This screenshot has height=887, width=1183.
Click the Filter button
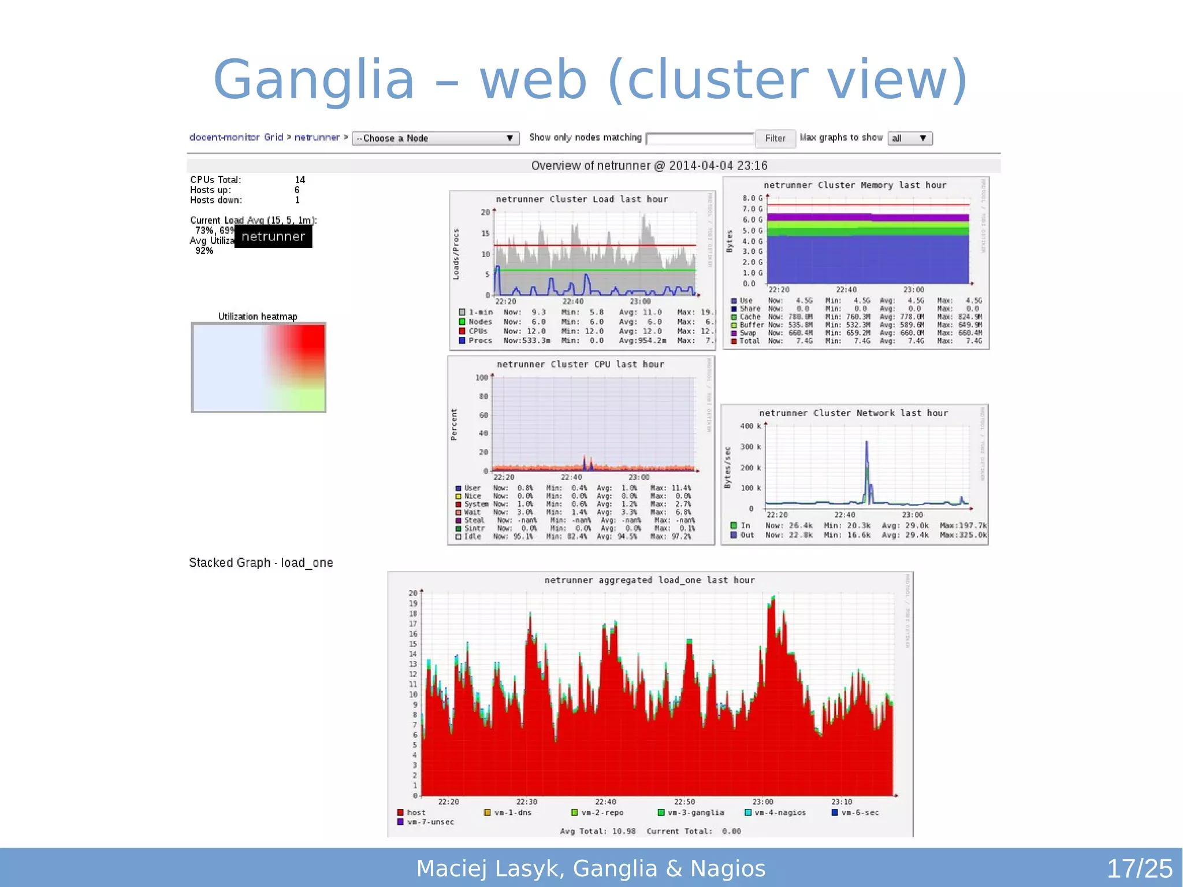point(775,139)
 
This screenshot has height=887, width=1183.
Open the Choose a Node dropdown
point(435,139)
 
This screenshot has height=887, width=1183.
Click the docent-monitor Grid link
point(236,138)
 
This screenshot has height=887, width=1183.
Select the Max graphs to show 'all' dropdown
point(909,139)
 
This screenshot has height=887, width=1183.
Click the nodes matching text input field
point(700,139)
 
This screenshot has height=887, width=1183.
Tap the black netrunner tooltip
point(273,236)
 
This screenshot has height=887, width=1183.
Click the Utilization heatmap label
point(258,317)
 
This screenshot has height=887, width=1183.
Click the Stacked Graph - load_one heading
point(261,563)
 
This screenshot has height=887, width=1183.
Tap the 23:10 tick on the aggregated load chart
point(842,802)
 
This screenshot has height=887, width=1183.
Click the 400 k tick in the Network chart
point(750,426)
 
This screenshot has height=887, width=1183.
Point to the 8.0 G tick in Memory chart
point(752,198)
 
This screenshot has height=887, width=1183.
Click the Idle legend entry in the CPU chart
point(472,537)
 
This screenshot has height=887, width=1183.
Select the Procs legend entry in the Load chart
point(479,341)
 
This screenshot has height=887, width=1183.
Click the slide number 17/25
point(1139,869)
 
